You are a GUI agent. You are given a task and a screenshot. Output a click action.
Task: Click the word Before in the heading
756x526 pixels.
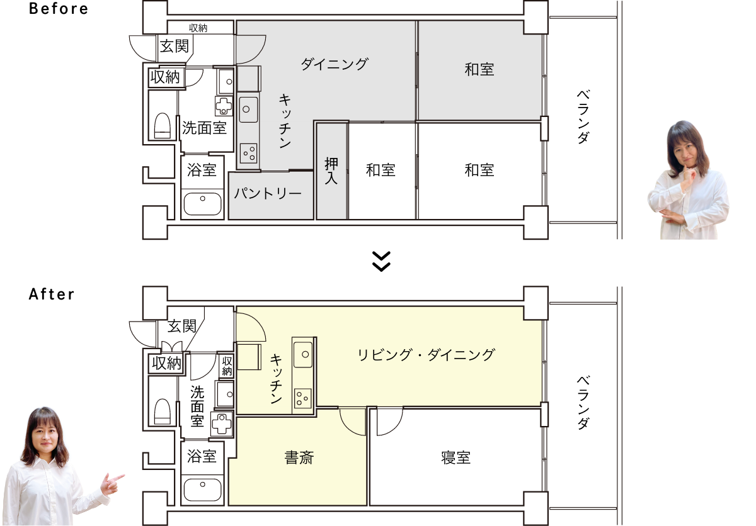point(59,8)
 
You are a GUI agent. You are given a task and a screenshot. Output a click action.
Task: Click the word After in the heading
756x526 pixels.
point(51,294)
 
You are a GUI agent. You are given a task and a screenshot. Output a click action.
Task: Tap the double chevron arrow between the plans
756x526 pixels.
point(381,261)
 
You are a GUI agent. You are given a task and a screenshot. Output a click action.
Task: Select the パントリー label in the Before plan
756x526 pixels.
point(268,193)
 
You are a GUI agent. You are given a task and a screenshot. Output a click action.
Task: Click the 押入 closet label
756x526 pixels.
point(331,171)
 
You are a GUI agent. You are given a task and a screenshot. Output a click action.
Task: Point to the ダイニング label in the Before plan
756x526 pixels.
point(334,64)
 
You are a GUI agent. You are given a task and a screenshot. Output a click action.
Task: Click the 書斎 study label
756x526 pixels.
point(299,457)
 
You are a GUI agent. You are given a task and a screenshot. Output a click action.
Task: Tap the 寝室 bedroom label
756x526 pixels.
point(455,457)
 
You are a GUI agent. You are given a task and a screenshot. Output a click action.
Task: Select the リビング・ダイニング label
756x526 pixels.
point(426,355)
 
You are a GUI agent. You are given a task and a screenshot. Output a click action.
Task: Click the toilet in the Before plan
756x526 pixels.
point(163,126)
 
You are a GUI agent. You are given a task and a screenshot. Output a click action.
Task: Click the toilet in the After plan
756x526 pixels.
point(163,411)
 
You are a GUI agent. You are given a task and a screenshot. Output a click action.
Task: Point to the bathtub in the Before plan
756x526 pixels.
point(202,203)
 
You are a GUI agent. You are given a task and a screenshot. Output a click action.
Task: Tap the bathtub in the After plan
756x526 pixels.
point(202,490)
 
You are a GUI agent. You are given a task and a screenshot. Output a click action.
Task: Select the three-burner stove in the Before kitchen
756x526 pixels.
point(249,154)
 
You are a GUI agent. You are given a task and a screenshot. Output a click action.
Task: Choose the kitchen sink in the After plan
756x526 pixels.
point(303,354)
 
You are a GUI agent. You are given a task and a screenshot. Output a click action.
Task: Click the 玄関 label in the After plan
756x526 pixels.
point(182,326)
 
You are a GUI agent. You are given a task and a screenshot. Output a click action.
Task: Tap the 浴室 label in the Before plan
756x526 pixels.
point(202,170)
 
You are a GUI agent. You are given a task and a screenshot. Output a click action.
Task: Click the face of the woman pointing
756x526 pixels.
point(45,437)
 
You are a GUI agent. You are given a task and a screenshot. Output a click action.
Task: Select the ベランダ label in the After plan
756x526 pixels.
point(583,402)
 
